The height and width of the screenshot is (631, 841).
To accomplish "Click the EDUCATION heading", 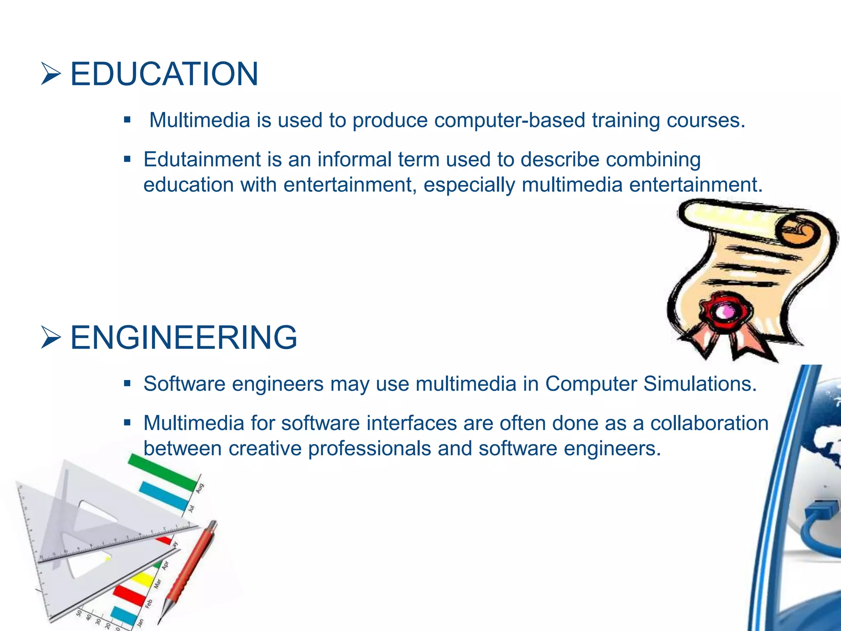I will click(x=164, y=74).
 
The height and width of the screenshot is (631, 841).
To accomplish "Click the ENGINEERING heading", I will click(x=184, y=338).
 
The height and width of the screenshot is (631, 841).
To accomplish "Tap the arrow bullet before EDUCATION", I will click(x=51, y=74).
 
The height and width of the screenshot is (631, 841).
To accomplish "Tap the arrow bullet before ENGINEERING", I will click(x=51, y=338).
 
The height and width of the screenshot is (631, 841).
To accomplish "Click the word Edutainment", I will click(x=202, y=159).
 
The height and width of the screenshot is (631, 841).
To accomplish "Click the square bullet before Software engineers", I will click(x=127, y=384).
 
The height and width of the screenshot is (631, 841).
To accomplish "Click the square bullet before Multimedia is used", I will click(x=127, y=120).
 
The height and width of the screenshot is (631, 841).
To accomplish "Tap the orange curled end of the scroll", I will click(x=799, y=233).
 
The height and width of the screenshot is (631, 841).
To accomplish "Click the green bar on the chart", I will click(x=162, y=472).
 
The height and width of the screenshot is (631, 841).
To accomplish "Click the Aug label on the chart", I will click(x=200, y=488).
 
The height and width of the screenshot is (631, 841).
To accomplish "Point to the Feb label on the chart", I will click(x=149, y=603).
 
